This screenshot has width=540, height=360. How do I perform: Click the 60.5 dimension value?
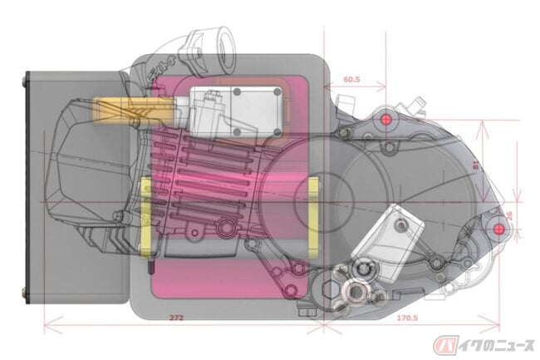(351, 81)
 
